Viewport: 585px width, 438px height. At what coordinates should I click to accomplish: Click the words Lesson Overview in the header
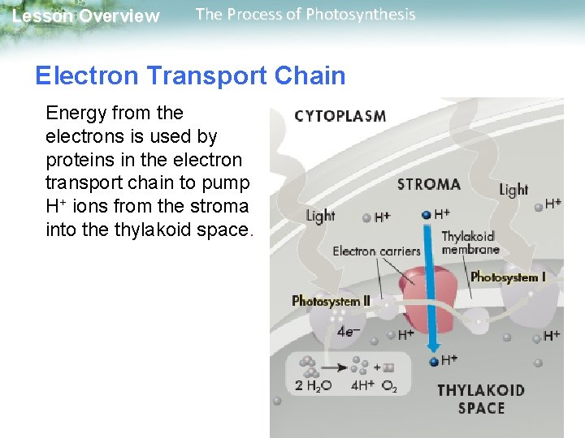click(x=86, y=16)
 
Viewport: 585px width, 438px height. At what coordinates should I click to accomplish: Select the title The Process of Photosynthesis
click(x=305, y=15)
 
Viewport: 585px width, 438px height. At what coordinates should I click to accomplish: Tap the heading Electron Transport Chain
click(x=190, y=75)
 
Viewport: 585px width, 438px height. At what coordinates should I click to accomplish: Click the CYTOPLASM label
click(x=340, y=116)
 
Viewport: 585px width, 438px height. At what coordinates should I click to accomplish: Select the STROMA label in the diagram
click(x=429, y=184)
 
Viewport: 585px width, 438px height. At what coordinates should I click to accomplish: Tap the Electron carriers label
click(x=376, y=251)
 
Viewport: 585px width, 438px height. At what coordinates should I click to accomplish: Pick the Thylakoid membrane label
click(x=470, y=243)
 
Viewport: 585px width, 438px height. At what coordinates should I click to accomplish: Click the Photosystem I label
click(x=508, y=277)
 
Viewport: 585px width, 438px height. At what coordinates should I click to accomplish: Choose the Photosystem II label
click(x=331, y=301)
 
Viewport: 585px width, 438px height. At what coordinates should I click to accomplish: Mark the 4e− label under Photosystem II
click(x=349, y=331)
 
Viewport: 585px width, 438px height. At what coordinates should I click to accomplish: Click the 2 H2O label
click(x=313, y=386)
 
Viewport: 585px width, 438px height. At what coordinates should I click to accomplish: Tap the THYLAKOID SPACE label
click(x=480, y=398)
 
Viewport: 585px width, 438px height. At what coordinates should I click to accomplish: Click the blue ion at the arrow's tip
click(x=435, y=361)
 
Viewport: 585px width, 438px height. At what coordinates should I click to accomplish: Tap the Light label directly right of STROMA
click(x=513, y=190)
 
